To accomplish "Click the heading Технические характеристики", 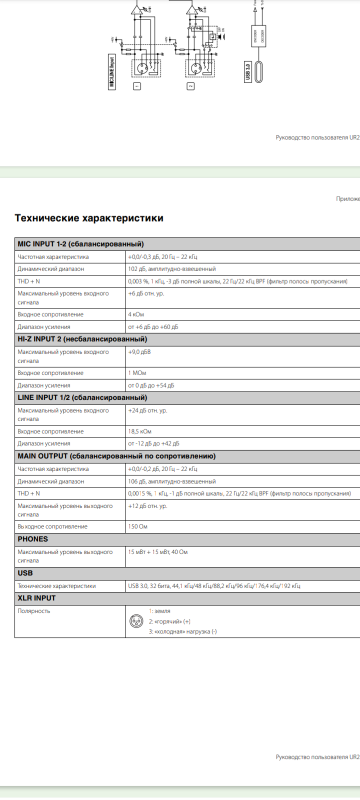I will pos(89,218).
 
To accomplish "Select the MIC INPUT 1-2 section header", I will pos(80,244).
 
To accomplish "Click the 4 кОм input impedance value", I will pos(135,314).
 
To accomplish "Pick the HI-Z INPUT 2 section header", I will pos(82,339).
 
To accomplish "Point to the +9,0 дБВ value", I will pos(139,352).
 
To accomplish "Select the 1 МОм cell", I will pos(137,373).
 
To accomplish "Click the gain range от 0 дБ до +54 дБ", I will pos(151,385).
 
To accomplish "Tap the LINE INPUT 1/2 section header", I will pos(82,397).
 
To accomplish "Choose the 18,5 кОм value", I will pos(139,431).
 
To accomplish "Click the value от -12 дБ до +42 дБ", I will pos(153,443).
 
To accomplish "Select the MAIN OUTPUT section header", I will pos(116,456).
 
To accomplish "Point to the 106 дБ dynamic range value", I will pos(172,481).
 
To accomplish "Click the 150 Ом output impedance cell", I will pos(137,526).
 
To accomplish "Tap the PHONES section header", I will pos(33,539).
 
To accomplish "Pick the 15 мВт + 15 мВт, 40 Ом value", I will pos(158,552).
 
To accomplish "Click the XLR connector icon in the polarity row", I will pos(136,621).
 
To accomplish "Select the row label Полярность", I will pos(34,611).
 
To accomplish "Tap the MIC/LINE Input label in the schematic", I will pos(111,71).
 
